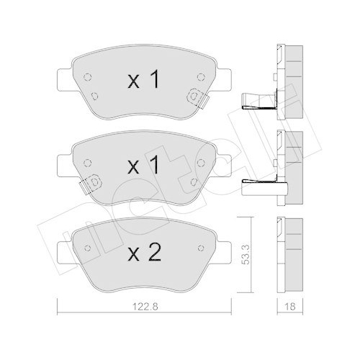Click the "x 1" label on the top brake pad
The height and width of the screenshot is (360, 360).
click(x=143, y=81)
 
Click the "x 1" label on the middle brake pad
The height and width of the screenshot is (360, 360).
click(x=143, y=166)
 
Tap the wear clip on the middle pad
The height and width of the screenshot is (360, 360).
click(x=90, y=185)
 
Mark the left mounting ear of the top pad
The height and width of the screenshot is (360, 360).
click(x=64, y=75)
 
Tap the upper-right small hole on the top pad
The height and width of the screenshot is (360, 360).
click(x=199, y=76)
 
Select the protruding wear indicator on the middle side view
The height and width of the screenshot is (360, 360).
click(x=252, y=185)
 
